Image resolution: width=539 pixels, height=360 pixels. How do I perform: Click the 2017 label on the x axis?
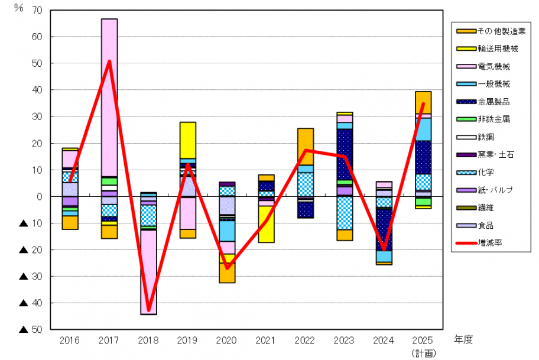point(109,340)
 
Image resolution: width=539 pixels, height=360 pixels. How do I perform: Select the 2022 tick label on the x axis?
point(305,340)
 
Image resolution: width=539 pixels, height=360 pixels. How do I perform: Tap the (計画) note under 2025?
point(423,353)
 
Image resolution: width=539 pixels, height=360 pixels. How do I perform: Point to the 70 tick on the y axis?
point(38,11)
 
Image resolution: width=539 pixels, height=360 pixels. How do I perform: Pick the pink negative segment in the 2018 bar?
point(148,272)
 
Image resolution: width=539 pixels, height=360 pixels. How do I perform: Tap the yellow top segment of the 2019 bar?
point(187,140)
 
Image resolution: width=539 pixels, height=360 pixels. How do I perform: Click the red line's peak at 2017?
point(109,61)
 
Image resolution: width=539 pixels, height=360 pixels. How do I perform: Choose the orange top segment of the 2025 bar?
point(423,102)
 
